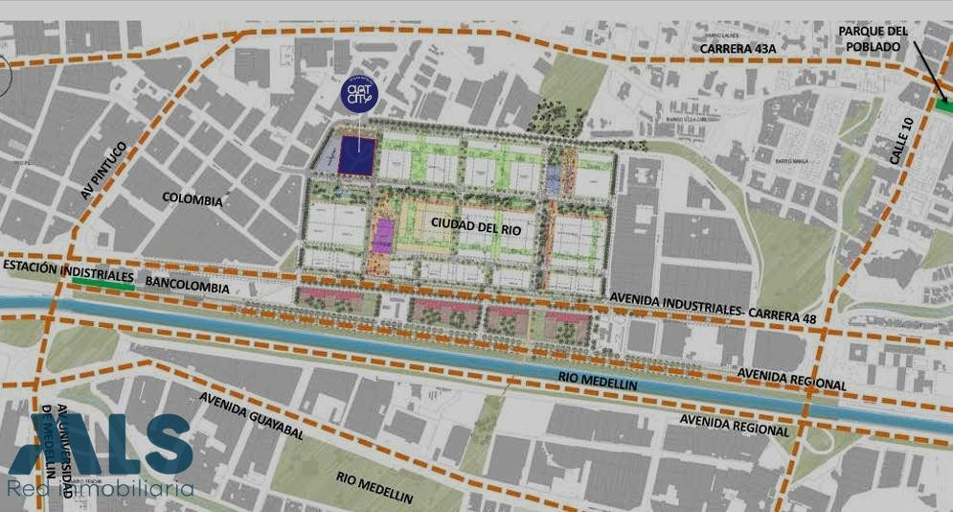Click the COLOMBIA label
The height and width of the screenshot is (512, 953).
(x=193, y=201)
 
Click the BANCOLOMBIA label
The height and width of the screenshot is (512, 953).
(x=189, y=286)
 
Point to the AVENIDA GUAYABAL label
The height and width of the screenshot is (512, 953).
(x=252, y=415)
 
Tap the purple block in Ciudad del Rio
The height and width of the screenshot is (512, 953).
(x=383, y=236)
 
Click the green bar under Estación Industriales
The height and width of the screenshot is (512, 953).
(x=103, y=285)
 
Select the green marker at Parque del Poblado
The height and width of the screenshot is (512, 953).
(x=944, y=105)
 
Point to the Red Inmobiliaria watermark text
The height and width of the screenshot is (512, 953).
(x=101, y=490)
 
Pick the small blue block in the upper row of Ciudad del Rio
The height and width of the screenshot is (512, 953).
(x=554, y=176)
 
